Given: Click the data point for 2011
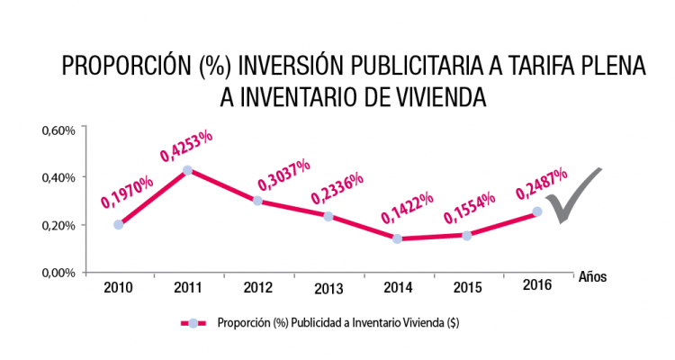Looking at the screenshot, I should tap(186, 170).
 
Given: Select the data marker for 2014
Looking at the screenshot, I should tap(397, 238).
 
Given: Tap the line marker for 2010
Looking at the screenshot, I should tap(119, 224).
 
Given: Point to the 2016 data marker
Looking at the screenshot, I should tap(537, 211).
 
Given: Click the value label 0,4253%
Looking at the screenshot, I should tap(186, 145).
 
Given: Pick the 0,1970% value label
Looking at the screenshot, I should tap(127, 191).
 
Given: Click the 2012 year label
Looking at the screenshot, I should tap(259, 288).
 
